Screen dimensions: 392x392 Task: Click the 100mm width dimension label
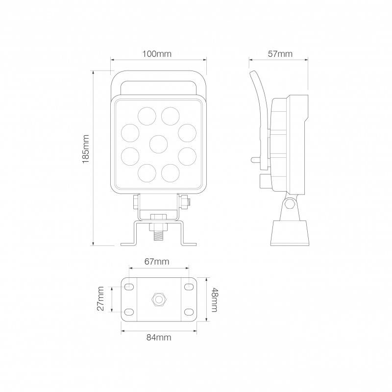[157, 54]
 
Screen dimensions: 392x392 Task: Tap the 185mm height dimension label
[86, 149]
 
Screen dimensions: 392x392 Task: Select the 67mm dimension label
[157, 262]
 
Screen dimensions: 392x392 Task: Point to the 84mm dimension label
[159, 337]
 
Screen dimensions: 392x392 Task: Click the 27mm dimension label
[100, 299]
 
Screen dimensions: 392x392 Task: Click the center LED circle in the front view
[158, 144]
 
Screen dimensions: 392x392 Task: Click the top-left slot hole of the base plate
[129, 287]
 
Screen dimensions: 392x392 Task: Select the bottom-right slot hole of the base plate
[189, 311]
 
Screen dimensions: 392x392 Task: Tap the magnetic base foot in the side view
[290, 233]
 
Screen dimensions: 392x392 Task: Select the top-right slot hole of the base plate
[189, 287]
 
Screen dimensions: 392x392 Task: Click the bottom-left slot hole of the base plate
[129, 311]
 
